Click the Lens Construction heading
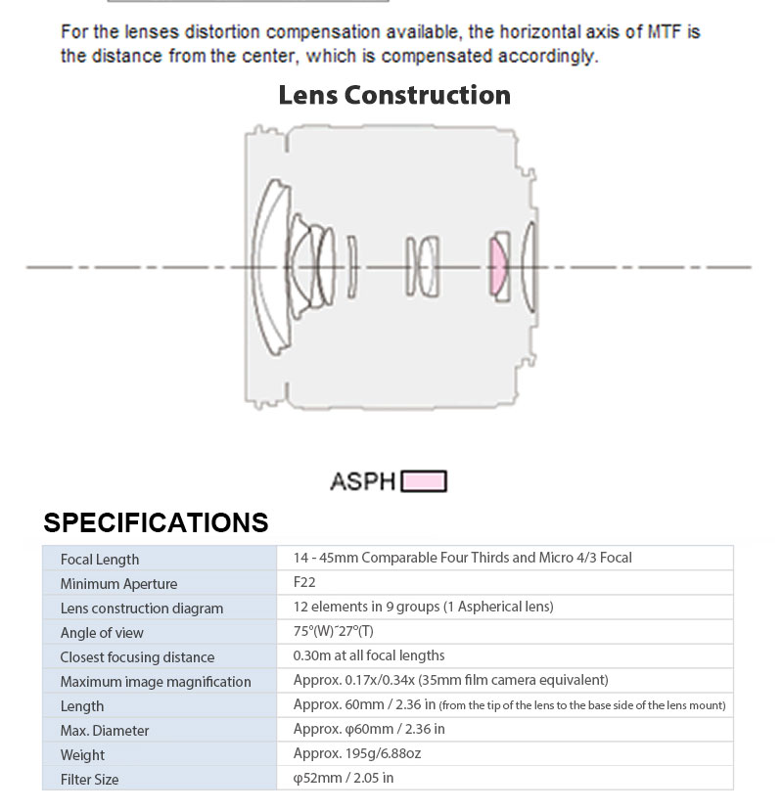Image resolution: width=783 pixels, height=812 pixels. pyautogui.click(x=394, y=95)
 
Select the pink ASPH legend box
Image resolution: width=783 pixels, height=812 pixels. pyautogui.click(x=425, y=481)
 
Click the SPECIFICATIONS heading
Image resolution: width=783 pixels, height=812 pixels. pyautogui.click(x=156, y=522)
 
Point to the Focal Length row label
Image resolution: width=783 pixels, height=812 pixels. pyautogui.click(x=100, y=560)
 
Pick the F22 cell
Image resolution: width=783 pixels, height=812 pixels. pyautogui.click(x=304, y=583)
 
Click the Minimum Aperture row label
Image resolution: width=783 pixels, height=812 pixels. pyautogui.click(x=118, y=584)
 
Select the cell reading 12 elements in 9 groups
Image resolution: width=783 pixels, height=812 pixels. pyautogui.click(x=423, y=607)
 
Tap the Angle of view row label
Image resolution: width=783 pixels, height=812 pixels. pyautogui.click(x=102, y=633)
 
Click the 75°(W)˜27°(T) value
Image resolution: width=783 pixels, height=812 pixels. pyautogui.click(x=333, y=631)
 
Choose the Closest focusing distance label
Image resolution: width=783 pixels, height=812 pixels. pyautogui.click(x=137, y=657)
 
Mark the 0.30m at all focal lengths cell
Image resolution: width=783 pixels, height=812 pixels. pyautogui.click(x=369, y=655)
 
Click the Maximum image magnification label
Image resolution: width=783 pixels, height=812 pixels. pyautogui.click(x=156, y=682)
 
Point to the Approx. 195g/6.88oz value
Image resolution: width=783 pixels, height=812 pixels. pyautogui.click(x=357, y=753)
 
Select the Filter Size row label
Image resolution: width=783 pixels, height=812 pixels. pyautogui.click(x=89, y=780)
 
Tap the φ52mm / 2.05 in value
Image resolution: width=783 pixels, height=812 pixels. pyautogui.click(x=344, y=778)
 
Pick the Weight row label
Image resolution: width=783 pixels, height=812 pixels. pyautogui.click(x=82, y=755)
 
